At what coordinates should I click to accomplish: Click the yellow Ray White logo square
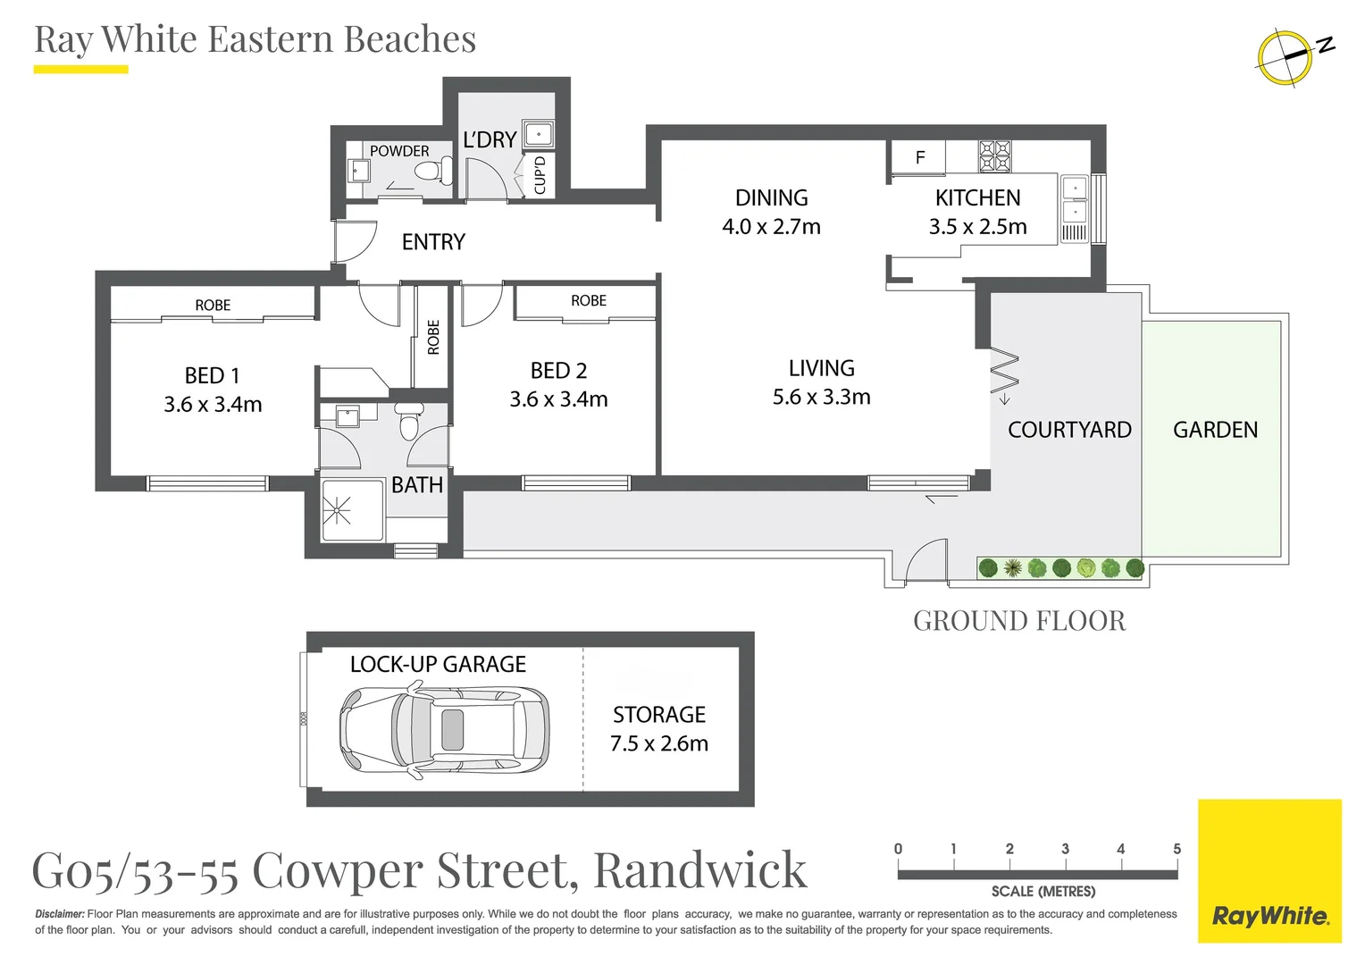(x=1269, y=870)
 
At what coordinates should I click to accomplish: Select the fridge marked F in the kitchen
(x=919, y=157)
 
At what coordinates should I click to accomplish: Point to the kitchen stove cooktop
(x=994, y=155)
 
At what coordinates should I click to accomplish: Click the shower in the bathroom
(x=352, y=510)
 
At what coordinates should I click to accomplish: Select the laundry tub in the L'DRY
(x=539, y=133)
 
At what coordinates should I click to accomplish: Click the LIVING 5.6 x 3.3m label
(x=822, y=382)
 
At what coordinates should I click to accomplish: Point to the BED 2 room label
(x=558, y=384)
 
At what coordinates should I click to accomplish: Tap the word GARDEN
(x=1215, y=430)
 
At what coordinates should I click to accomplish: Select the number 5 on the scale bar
(x=1177, y=849)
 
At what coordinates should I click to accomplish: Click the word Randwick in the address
(x=700, y=870)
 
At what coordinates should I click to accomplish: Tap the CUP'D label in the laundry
(x=540, y=175)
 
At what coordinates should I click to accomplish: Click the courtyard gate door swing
(x=926, y=559)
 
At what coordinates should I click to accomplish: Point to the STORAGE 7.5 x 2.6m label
(x=659, y=729)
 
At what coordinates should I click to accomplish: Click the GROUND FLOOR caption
(x=1019, y=621)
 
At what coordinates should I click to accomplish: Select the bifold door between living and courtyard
(x=1005, y=370)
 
